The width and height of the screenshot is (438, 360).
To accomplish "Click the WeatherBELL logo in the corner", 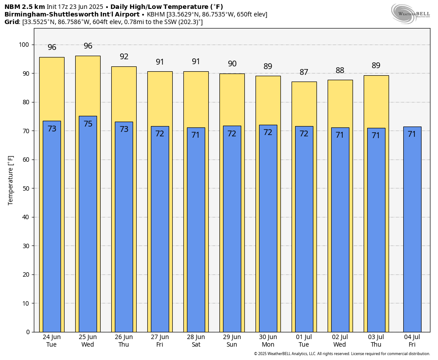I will [x=410, y=13].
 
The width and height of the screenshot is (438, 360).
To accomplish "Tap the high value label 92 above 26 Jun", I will [x=124, y=57].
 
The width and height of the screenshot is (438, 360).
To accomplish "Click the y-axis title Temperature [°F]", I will [x=11, y=180].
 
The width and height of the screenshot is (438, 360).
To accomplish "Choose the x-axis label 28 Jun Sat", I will [x=196, y=341].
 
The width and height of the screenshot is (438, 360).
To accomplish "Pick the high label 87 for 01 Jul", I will [x=304, y=72].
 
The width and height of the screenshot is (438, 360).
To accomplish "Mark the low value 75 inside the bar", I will [x=88, y=124].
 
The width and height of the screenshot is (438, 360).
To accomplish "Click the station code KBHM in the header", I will [x=156, y=14].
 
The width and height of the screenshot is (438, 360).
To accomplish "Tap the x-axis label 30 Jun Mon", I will [x=268, y=341].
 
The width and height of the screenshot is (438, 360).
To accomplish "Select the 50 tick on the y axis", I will [x=26, y=188].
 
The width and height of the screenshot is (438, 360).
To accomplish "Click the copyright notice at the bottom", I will [x=342, y=354].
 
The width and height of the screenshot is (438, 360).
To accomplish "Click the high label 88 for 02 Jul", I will [x=340, y=70].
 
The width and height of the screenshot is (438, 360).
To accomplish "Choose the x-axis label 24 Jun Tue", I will [x=52, y=341].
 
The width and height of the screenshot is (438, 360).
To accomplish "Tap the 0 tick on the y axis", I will [x=28, y=332].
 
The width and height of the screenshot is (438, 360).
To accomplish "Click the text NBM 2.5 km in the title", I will [x=24, y=7].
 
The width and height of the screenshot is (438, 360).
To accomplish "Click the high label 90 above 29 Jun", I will [x=232, y=64].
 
